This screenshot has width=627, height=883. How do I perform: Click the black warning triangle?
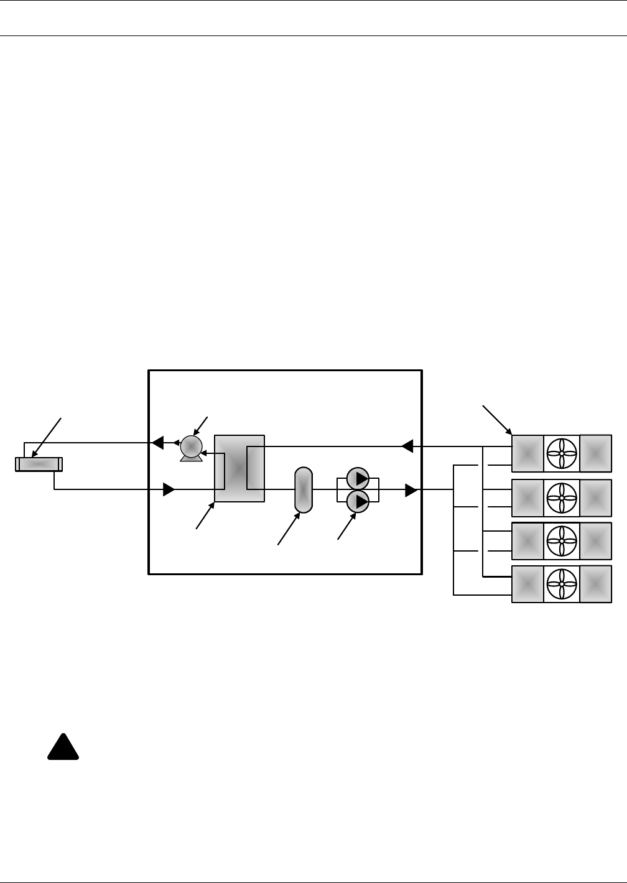tap(63, 747)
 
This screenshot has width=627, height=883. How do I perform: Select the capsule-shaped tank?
tap(303, 490)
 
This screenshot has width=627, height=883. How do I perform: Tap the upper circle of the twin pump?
tap(358, 479)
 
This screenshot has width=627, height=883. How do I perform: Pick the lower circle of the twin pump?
tap(358, 501)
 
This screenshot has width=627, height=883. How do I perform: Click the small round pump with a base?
tap(191, 448)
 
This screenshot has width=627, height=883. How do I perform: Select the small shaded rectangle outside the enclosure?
tap(39, 464)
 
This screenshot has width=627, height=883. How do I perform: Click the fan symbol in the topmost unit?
tap(562, 453)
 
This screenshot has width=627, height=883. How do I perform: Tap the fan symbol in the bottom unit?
tap(562, 584)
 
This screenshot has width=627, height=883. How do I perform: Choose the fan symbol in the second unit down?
tap(562, 498)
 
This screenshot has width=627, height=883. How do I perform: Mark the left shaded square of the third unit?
tap(527, 541)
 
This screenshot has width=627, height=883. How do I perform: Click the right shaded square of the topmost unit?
tap(596, 453)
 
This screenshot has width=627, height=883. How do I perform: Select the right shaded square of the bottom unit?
tap(596, 584)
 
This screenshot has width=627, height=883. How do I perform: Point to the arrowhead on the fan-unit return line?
tap(407, 446)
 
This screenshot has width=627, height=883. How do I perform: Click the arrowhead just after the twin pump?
tap(411, 490)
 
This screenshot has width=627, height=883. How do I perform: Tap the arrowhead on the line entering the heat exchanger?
tap(168, 490)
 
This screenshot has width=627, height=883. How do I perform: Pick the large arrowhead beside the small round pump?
tap(158, 443)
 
